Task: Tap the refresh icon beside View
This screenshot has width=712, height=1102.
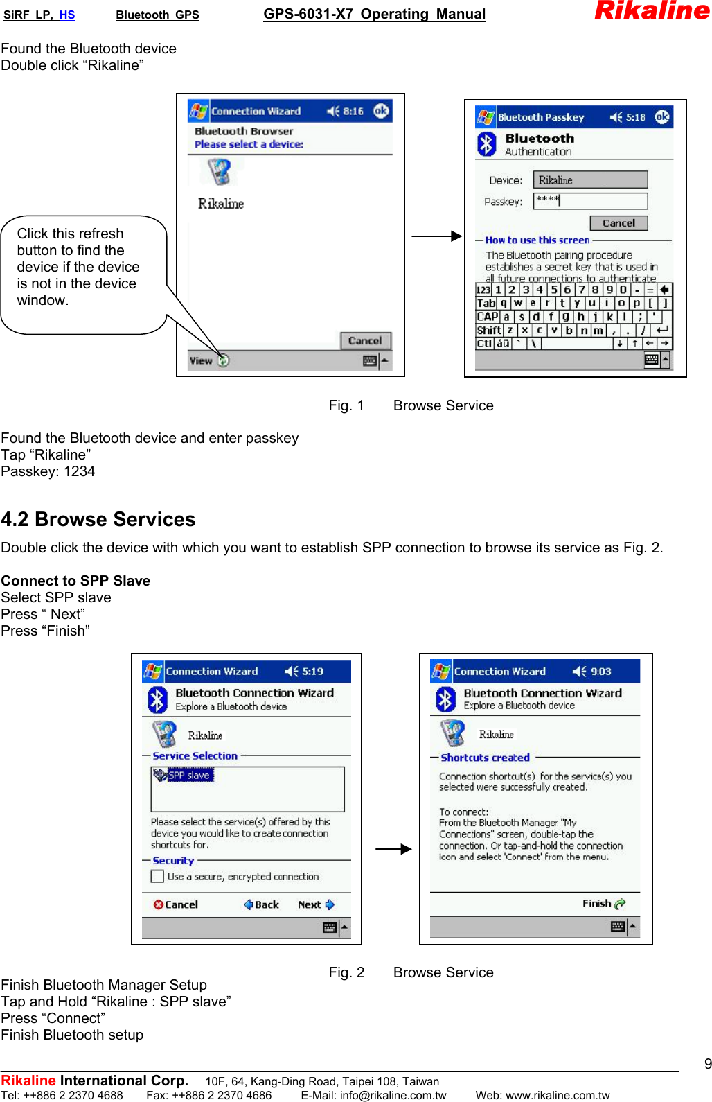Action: pyautogui.click(x=223, y=360)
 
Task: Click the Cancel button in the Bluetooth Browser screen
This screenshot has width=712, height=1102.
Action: pyautogui.click(x=365, y=340)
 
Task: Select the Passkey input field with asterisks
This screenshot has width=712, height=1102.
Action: pyautogui.click(x=590, y=201)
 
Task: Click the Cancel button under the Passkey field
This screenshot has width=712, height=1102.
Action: pyautogui.click(x=618, y=223)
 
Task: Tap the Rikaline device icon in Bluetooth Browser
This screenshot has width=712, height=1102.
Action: pyautogui.click(x=220, y=172)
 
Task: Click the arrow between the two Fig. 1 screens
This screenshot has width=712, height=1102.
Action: pyautogui.click(x=436, y=236)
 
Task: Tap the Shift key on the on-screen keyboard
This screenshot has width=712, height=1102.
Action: pyautogui.click(x=488, y=331)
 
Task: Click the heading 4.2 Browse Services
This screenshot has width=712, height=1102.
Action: pyautogui.click(x=98, y=519)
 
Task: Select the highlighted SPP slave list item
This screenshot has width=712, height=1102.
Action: pyautogui.click(x=184, y=776)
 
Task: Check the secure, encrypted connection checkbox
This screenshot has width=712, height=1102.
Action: pyautogui.click(x=157, y=876)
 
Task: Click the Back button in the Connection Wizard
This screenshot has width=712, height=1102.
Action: pyautogui.click(x=261, y=904)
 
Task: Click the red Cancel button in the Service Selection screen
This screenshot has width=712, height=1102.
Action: pyautogui.click(x=176, y=904)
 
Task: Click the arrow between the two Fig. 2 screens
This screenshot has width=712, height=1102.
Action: pyautogui.click(x=393, y=849)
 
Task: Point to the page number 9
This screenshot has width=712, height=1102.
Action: pyautogui.click(x=707, y=1064)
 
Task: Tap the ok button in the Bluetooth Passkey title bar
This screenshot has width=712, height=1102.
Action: pyautogui.click(x=662, y=117)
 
